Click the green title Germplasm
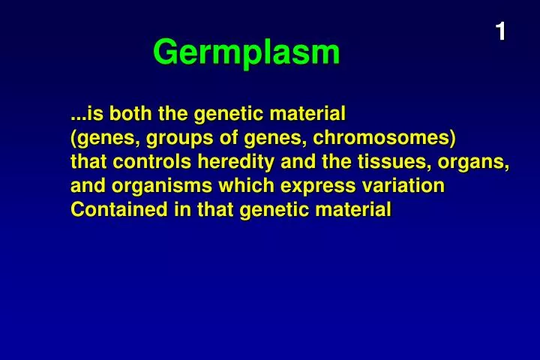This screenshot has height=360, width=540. [x=246, y=52]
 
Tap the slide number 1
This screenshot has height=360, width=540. [x=500, y=31]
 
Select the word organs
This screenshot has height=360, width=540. [x=477, y=162]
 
